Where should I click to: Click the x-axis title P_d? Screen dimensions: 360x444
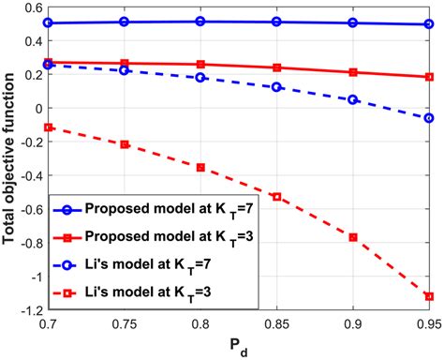238,349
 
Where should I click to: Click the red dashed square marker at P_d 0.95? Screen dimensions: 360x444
429,296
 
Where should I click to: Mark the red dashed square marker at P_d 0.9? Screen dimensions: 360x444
353,237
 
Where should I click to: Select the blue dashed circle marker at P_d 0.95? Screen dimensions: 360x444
429,118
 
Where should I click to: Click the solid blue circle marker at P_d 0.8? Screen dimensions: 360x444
200,21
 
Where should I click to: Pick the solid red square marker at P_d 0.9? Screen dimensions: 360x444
353,72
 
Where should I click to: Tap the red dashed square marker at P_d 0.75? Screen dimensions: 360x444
124,144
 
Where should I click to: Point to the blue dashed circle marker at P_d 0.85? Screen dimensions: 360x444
277,87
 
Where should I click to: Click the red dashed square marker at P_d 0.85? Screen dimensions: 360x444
277,197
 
